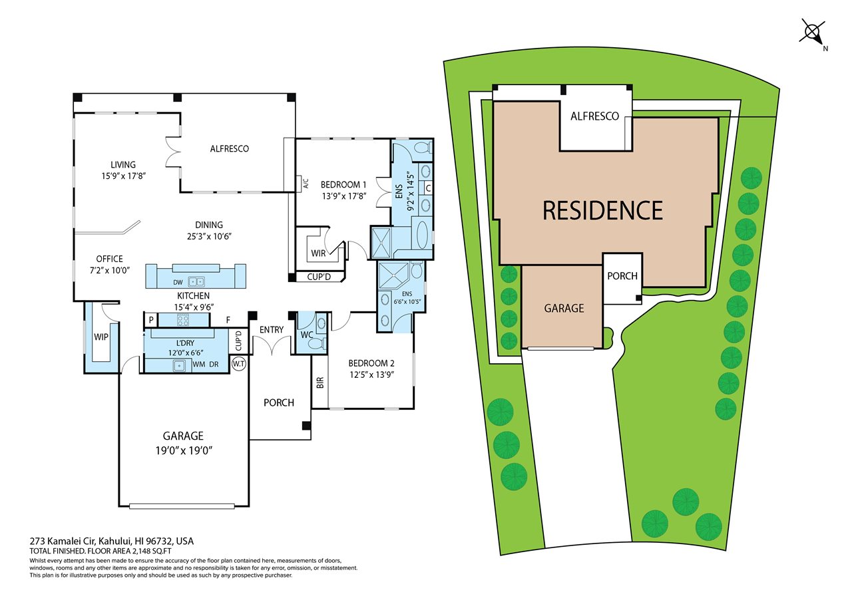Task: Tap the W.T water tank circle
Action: pyautogui.click(x=239, y=364)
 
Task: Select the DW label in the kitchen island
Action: pyautogui.click(x=178, y=283)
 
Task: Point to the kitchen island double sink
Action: pyautogui.click(x=196, y=281)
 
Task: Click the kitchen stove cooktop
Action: pyautogui.click(x=183, y=321)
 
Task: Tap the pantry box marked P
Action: pyautogui.click(x=151, y=321)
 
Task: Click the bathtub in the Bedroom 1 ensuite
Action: pyautogui.click(x=422, y=235)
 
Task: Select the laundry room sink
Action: pyautogui.click(x=178, y=366)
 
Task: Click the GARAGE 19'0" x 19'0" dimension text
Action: pyautogui.click(x=184, y=451)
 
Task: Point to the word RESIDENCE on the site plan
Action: pyautogui.click(x=603, y=211)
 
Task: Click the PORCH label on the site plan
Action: pyautogui.click(x=622, y=276)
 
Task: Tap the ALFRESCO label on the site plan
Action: pyautogui.click(x=595, y=116)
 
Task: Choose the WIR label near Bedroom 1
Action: pyautogui.click(x=318, y=253)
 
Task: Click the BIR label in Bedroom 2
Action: pyautogui.click(x=320, y=382)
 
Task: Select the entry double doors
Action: pyautogui.click(x=272, y=346)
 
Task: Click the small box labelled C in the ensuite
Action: pyautogui.click(x=428, y=188)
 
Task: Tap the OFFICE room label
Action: pyautogui.click(x=110, y=259)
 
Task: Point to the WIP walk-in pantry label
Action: pyautogui.click(x=101, y=337)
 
